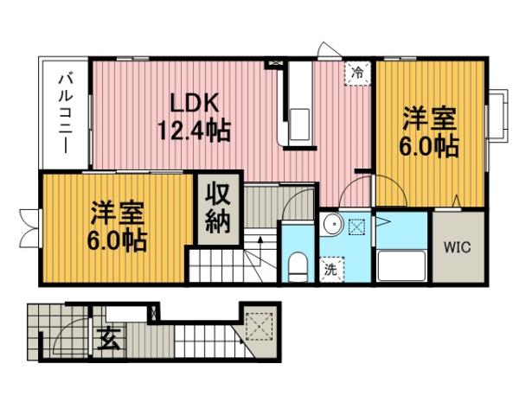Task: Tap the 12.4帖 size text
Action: click(x=192, y=131)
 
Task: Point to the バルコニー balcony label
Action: click(x=65, y=113)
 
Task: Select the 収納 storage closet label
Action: click(x=216, y=208)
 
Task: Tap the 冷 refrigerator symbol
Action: click(x=356, y=73)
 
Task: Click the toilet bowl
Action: click(x=296, y=266)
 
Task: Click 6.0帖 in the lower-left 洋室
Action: click(x=116, y=239)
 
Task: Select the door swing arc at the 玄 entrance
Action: click(x=76, y=334)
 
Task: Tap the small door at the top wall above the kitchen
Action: click(x=326, y=50)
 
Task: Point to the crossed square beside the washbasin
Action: click(x=356, y=227)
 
